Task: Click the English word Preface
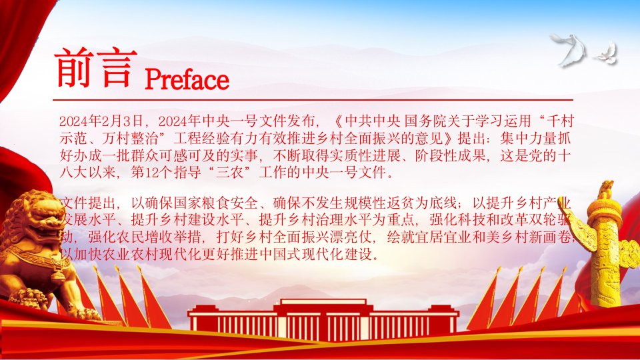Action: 187,79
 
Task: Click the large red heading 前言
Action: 95,67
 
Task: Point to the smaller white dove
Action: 607,55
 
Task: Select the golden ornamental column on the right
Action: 606,245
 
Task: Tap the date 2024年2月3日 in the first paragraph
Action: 101,121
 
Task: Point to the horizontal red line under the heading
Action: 313,99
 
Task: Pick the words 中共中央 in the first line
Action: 373,121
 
